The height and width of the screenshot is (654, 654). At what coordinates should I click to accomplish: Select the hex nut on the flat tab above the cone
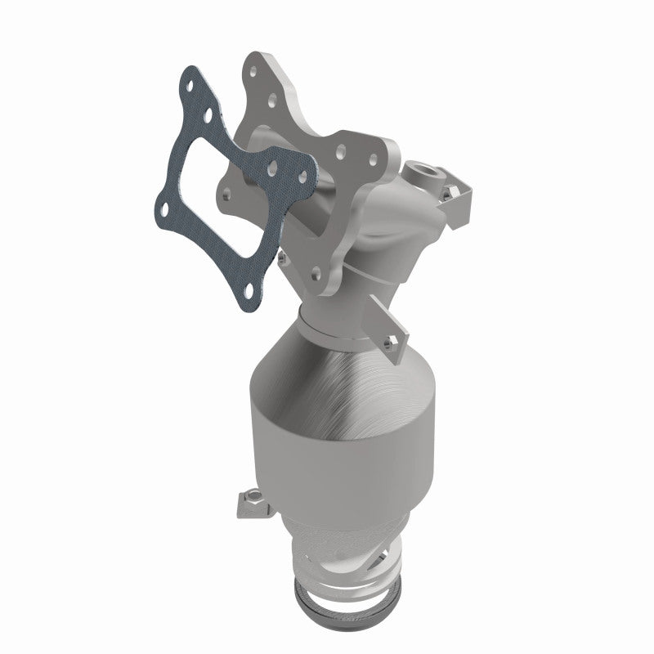pos(395,338)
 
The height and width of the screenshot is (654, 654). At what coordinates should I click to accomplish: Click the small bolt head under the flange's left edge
pos(281,255)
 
